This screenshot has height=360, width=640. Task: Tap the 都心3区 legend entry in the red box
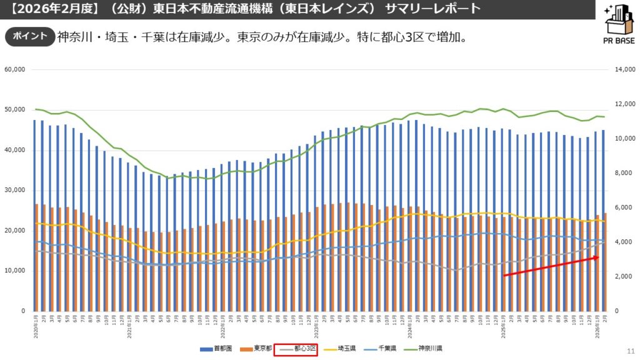click(298, 349)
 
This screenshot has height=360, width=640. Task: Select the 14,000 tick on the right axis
click(624, 70)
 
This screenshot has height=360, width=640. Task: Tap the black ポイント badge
click(29, 36)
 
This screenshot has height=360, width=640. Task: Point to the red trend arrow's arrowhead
click(597, 257)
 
